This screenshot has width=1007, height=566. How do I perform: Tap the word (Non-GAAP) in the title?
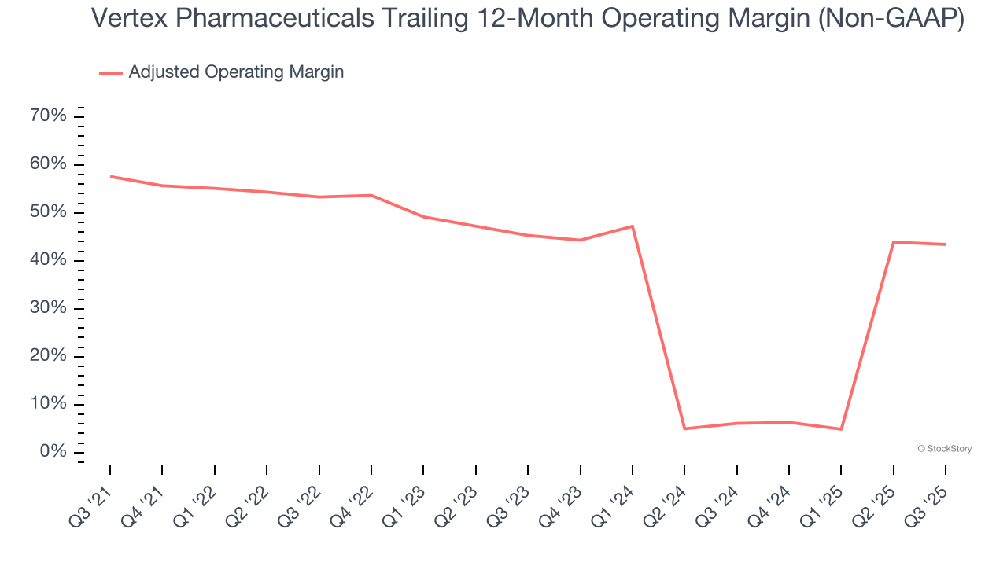pos(891,18)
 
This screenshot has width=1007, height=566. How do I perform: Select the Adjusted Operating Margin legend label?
pos(236,72)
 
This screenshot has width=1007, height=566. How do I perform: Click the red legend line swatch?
pos(111,73)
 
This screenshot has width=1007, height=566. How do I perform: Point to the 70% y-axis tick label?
pos(47,116)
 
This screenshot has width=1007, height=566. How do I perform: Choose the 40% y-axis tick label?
pos(47,260)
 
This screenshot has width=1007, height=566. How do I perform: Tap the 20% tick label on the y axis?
pos(47,356)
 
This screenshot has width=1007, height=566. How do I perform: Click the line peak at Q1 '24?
pos(633,226)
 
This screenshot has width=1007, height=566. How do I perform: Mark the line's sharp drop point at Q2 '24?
pos(684,428)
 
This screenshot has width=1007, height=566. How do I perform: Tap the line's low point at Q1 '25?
pos(841,429)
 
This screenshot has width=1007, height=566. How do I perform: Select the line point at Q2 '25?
pos(893,242)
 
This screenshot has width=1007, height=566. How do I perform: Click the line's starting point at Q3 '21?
pos(110,176)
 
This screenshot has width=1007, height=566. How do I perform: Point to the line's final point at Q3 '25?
pos(945,244)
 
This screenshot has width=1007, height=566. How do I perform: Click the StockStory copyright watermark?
pos(945,449)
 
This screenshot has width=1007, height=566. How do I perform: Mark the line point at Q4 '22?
pos(371,195)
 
